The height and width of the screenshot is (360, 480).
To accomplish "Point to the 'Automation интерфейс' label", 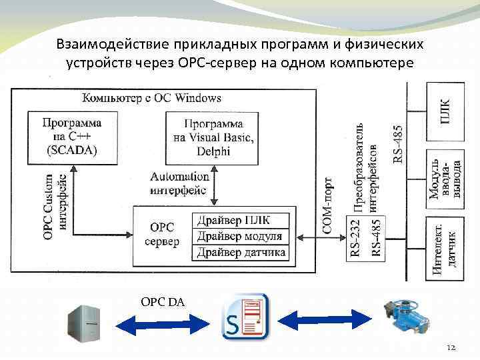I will pos(180,183).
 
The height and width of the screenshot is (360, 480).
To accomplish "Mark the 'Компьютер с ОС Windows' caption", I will pos(151,98).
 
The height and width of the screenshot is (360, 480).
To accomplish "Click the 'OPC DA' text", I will pos(163,302).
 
